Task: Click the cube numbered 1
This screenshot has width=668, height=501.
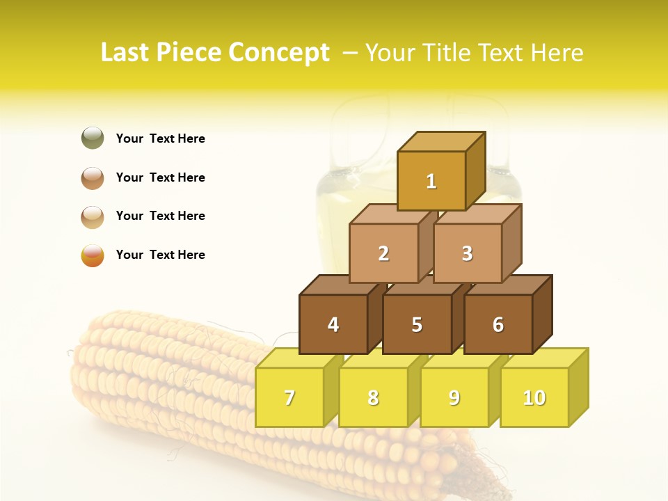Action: (431, 181)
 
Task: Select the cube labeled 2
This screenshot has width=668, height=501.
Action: (383, 253)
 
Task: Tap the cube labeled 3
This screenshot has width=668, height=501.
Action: (467, 253)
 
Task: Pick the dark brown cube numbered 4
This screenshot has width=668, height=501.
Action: (333, 324)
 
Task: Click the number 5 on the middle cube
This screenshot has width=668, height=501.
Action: (417, 324)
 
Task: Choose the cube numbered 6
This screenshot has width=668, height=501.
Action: (498, 324)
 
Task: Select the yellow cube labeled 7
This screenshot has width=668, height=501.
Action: (289, 397)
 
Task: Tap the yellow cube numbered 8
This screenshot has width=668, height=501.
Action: (373, 397)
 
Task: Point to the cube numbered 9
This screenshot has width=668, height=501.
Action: (454, 397)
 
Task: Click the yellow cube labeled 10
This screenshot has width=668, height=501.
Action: (534, 397)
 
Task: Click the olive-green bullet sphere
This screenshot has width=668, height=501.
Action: (93, 138)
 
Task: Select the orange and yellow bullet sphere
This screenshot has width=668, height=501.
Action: (93, 255)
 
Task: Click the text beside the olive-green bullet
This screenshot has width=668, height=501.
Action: (161, 138)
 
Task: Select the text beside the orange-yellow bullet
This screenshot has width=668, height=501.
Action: (161, 255)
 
